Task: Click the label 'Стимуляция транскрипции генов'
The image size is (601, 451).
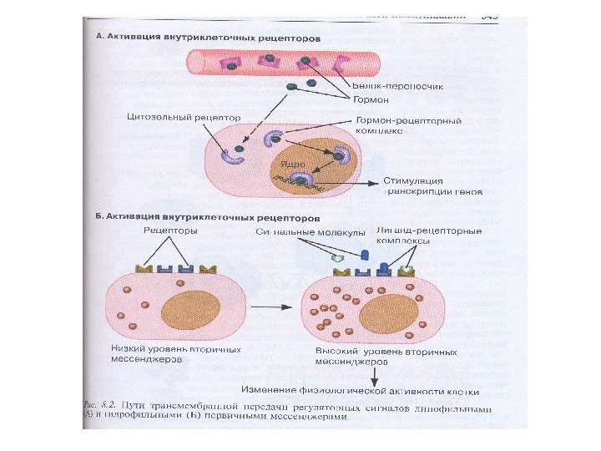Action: pyautogui.click(x=425, y=186)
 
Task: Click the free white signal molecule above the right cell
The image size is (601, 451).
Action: pyautogui.click(x=337, y=261)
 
